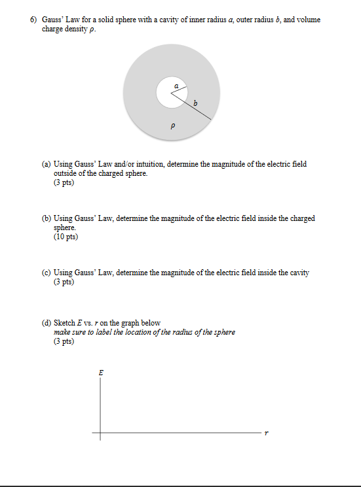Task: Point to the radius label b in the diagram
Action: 195,101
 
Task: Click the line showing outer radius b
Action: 194,108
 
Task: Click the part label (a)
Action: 47,164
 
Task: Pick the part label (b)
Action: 47,218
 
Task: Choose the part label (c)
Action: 47,272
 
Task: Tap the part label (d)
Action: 47,323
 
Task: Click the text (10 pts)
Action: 66,237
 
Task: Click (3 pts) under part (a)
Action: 64,182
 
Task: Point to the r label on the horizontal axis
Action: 267,433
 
